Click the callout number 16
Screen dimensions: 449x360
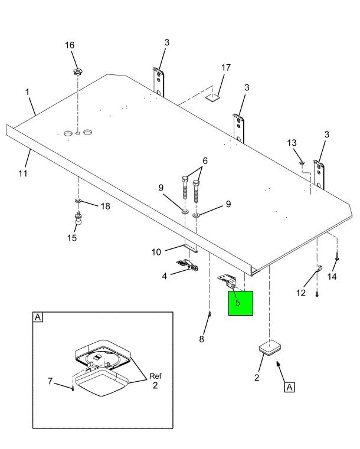70,45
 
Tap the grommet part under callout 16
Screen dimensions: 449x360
77,72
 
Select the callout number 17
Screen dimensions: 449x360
226,68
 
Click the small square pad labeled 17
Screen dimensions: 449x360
213,97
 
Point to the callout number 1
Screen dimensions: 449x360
27,93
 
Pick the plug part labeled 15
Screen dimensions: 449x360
77,221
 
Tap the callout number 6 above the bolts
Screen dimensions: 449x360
205,160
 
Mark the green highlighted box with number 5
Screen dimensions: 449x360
240,303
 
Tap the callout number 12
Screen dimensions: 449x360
300,291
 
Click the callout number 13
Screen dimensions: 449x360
292,144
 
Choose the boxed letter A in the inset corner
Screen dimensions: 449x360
38,317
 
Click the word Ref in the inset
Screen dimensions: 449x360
155,376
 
